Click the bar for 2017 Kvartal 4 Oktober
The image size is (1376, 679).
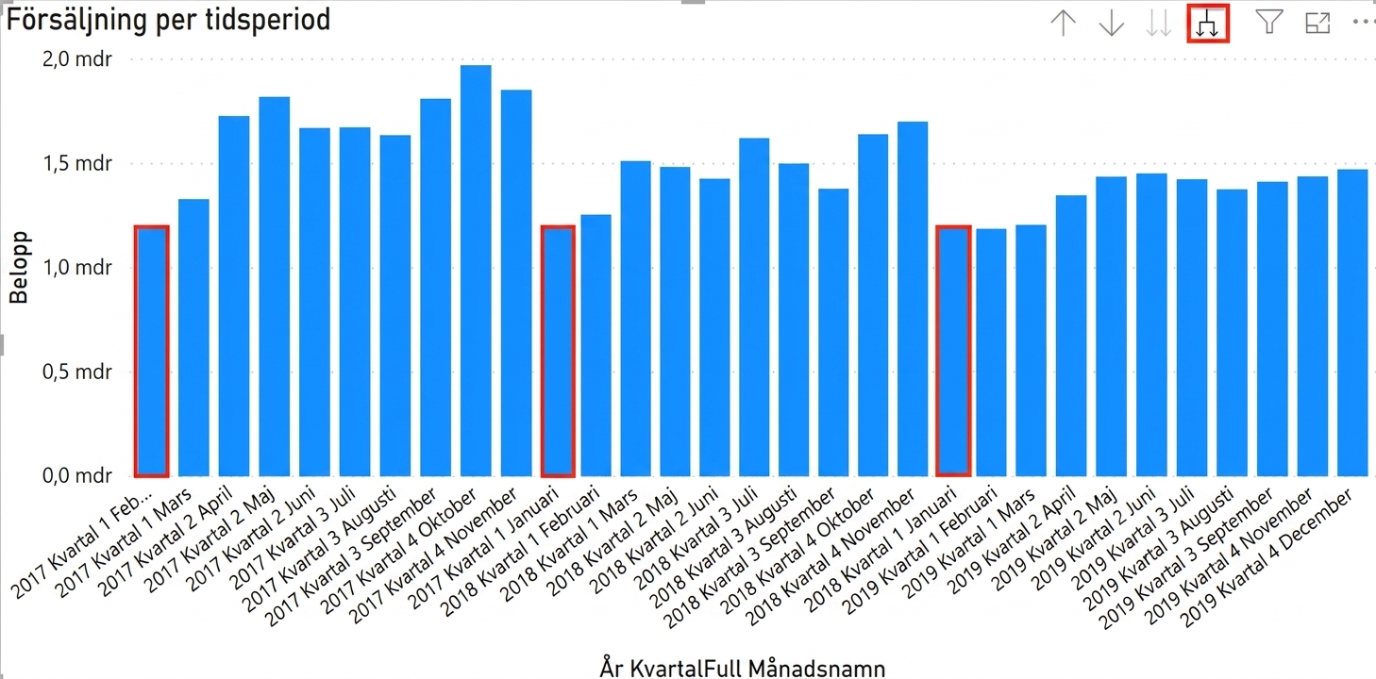[476, 270]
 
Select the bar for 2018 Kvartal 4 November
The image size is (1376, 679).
[913, 298]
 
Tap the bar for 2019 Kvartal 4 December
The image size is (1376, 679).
[1352, 323]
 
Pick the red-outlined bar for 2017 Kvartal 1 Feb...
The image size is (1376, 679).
[152, 351]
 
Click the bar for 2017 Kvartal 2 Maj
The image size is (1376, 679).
[275, 286]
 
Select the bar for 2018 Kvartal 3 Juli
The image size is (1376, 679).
[754, 306]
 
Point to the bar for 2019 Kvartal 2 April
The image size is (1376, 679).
[1071, 335]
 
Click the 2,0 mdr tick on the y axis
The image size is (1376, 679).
[77, 59]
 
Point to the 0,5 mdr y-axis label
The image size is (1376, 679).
[77, 372]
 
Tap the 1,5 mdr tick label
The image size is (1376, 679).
[77, 163]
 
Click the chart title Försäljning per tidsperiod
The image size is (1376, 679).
[168, 20]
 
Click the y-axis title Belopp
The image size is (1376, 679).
[19, 267]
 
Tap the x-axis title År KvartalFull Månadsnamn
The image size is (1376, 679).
[743, 668]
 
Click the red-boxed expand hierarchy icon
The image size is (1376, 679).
[1208, 24]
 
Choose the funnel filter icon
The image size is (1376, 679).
[1269, 23]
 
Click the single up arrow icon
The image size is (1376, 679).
[1064, 24]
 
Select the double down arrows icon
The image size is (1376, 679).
[1159, 24]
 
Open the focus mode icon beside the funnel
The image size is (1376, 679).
[1317, 24]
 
